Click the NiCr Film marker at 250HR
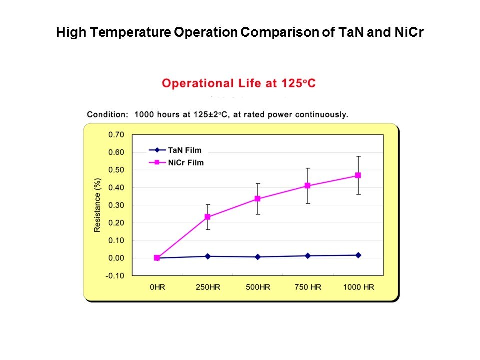coord(207,217)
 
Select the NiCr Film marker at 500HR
coord(258,199)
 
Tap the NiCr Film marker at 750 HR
coord(308,186)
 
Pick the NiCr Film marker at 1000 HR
coord(358,175)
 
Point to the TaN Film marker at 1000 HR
coord(358,255)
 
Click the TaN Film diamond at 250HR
coord(207,256)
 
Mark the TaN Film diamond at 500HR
coord(258,257)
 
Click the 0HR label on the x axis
coord(157,288)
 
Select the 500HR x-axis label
coord(258,288)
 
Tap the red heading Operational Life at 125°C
coord(239,83)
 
